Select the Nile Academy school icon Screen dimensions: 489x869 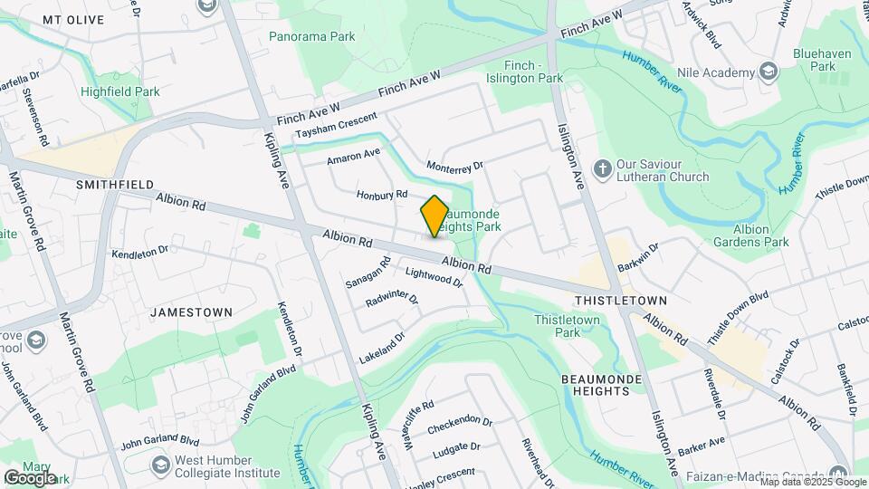[769, 72]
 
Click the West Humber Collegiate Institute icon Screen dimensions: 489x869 [161, 465]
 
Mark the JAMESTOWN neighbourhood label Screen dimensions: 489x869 [191, 312]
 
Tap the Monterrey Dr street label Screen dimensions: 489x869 [455, 167]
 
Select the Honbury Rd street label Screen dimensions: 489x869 [382, 195]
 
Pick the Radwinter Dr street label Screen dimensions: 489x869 [392, 299]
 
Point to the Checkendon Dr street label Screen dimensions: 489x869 [460, 422]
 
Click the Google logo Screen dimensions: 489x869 [30, 477]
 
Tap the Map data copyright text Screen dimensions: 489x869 [812, 482]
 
